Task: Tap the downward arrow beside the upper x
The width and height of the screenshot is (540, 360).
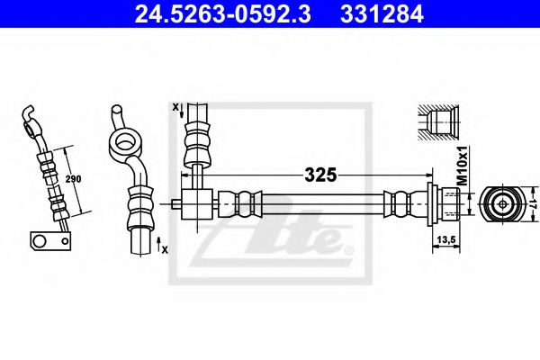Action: pos(183,112)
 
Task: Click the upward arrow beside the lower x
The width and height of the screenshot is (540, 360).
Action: pos(158,241)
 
